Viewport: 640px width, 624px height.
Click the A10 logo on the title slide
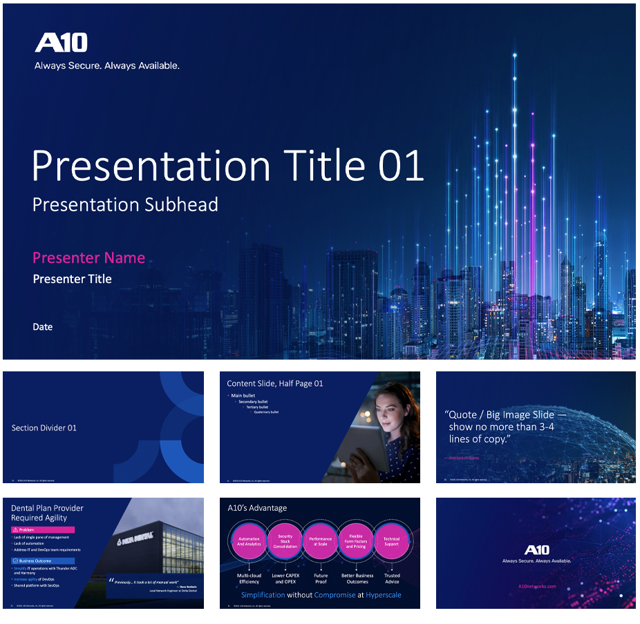pos(62,43)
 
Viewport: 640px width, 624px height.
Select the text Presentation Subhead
pos(125,204)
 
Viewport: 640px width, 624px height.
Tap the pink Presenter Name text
pos(88,258)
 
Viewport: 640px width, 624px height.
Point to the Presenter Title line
pos(72,279)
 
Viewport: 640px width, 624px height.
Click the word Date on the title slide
pos(42,327)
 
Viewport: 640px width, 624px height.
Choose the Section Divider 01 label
pos(44,428)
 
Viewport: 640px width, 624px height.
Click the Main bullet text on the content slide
pos(243,396)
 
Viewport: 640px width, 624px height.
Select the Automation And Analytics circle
pos(249,541)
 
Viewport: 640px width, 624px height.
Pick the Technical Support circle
pos(391,541)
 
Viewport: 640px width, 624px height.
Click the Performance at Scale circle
pos(320,541)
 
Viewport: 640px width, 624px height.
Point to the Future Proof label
pos(321,578)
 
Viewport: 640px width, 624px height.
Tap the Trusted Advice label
pos(392,578)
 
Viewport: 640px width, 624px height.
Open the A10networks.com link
pos(536,586)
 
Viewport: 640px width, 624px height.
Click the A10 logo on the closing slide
pos(536,549)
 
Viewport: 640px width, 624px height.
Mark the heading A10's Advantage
pos(257,508)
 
